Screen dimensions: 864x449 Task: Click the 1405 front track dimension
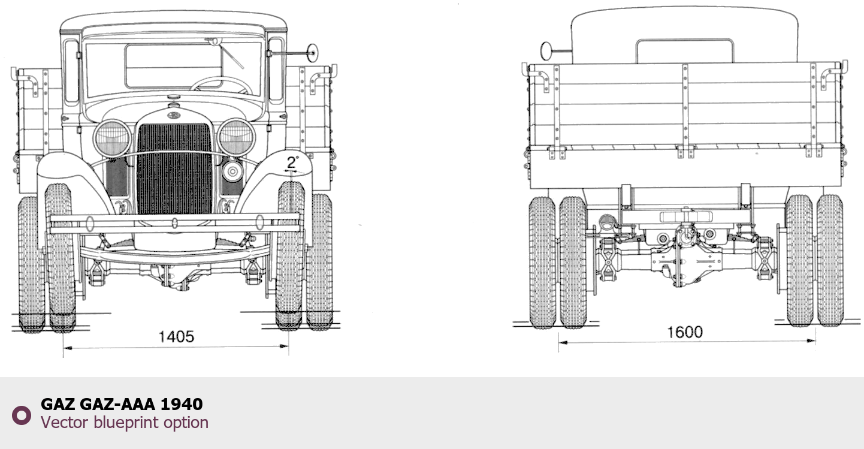point(176,337)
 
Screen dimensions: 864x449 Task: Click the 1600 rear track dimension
point(685,332)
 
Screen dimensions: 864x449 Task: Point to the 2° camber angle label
point(292,162)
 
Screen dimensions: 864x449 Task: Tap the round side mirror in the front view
point(312,53)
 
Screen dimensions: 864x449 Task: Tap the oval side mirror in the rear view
point(546,51)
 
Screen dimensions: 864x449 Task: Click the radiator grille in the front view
point(174,169)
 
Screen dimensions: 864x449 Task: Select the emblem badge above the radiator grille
point(171,114)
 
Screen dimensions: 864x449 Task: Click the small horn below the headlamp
point(232,171)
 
